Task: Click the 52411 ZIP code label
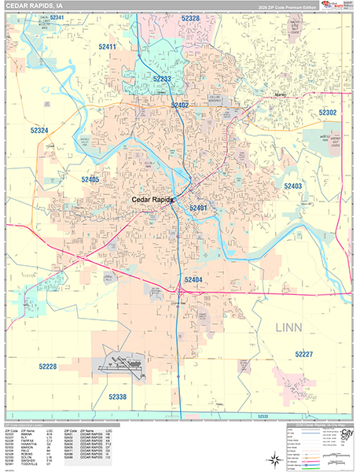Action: click(x=107, y=47)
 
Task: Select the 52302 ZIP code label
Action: click(x=327, y=113)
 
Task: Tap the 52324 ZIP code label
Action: click(x=39, y=130)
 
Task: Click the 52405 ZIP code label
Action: click(x=90, y=179)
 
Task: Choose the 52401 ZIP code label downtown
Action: click(x=197, y=208)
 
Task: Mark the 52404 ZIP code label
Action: click(x=193, y=279)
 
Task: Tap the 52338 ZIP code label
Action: click(x=119, y=396)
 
